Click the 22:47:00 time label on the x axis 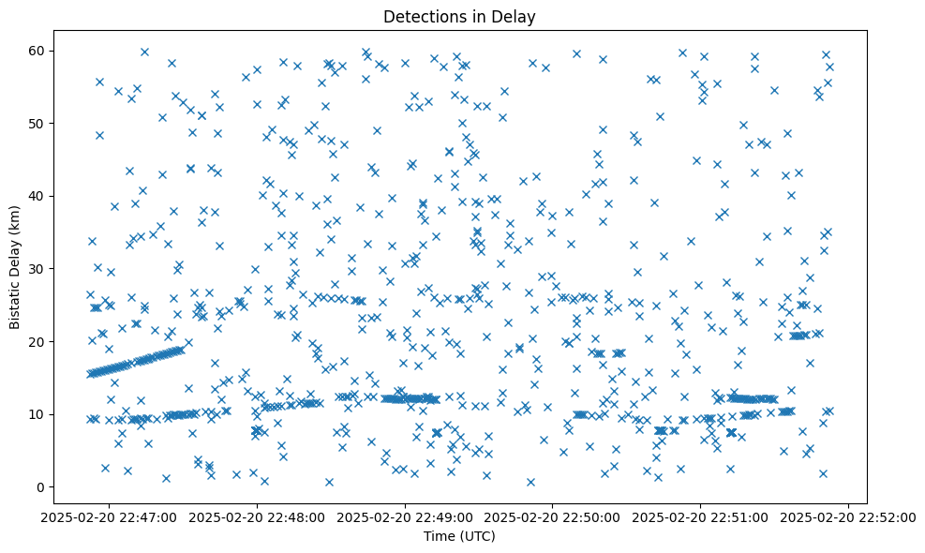point(109,516)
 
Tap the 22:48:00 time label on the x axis point(257,516)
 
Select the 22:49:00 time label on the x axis point(405,516)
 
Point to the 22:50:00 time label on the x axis point(553,516)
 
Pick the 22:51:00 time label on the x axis point(701,516)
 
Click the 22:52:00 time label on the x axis point(849,516)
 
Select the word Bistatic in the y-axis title point(15,304)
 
